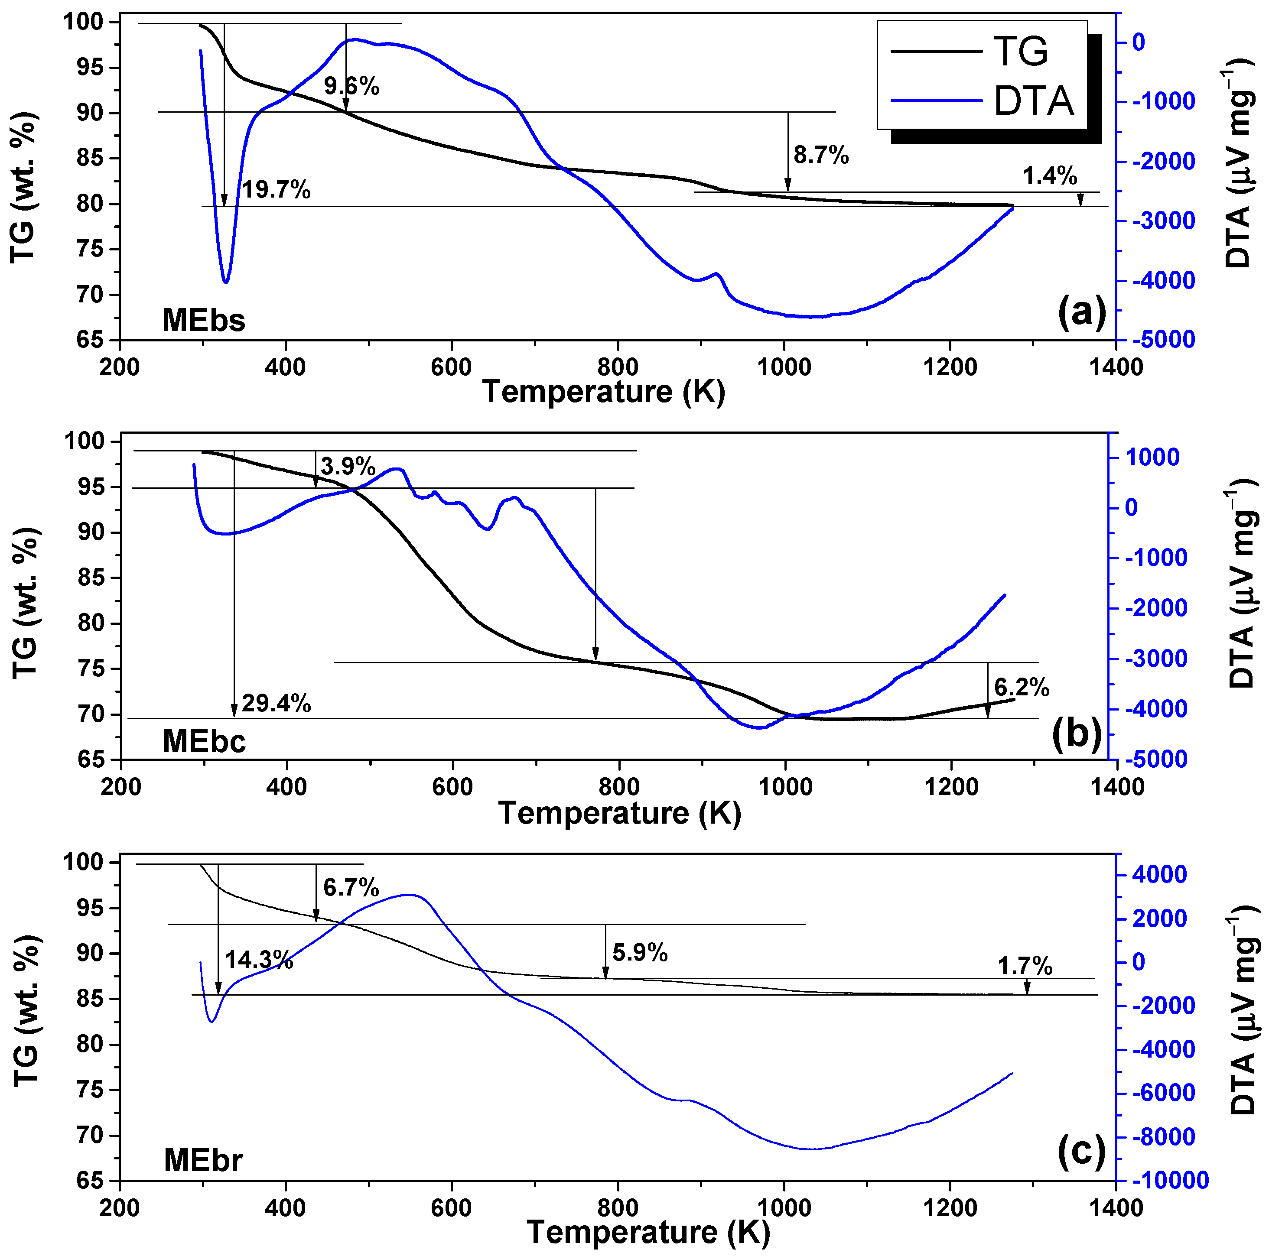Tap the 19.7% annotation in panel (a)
[276, 190]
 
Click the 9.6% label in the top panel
[351, 86]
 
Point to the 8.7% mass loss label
[821, 155]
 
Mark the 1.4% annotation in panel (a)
[1050, 176]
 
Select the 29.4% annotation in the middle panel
[276, 704]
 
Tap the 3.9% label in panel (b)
[348, 467]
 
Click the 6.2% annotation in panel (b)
[1022, 688]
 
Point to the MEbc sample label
[204, 742]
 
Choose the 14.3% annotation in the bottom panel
[259, 960]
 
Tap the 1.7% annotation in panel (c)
[1025, 967]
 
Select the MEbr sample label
[202, 1160]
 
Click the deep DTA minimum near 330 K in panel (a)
[225, 282]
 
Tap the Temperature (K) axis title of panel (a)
[604, 392]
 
